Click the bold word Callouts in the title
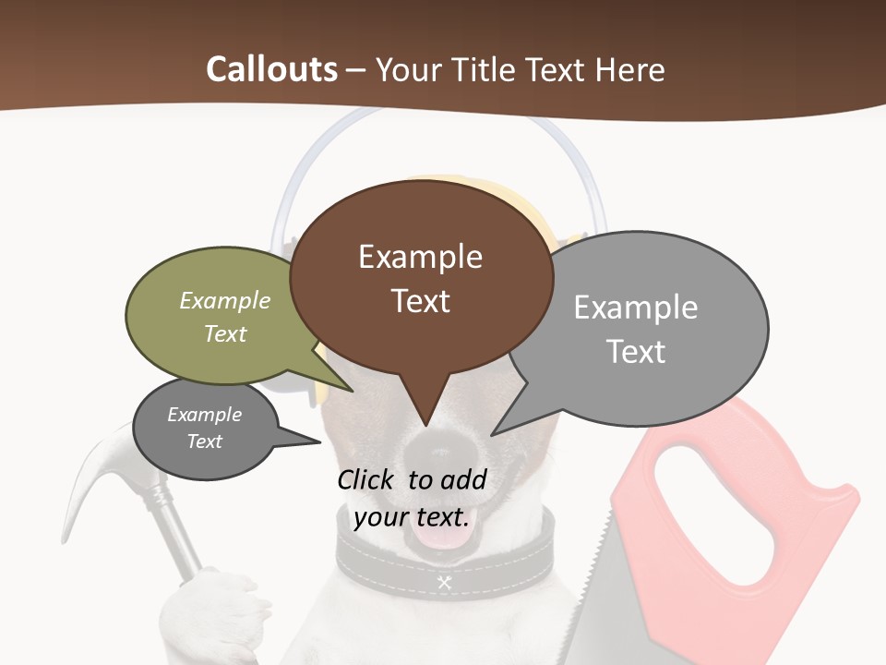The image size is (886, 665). (x=271, y=69)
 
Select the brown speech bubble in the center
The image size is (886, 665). (x=421, y=277)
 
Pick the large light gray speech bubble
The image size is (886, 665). (x=646, y=328)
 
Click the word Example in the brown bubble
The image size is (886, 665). (x=421, y=256)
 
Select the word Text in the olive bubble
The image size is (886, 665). (x=225, y=333)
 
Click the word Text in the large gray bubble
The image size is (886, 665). (x=636, y=351)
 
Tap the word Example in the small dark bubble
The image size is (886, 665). (x=204, y=415)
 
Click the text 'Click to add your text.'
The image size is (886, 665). (x=412, y=498)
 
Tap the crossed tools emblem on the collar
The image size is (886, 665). (x=444, y=582)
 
